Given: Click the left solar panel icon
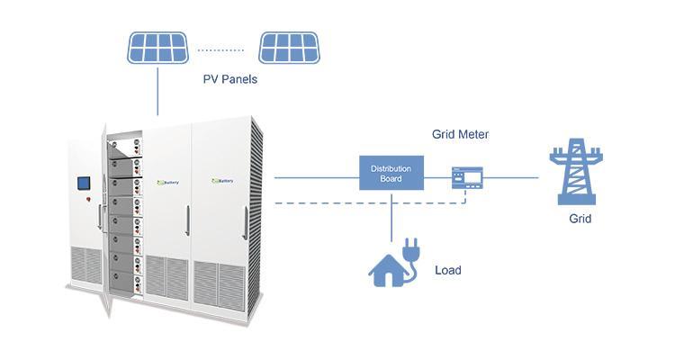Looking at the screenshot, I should [x=157, y=48].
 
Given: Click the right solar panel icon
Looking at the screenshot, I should [x=289, y=48].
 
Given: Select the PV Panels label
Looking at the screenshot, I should [x=229, y=79].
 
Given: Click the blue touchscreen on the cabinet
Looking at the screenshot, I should [x=84, y=184].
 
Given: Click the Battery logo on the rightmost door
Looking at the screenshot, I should [x=221, y=181].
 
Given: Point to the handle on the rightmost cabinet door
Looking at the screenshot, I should [x=242, y=220].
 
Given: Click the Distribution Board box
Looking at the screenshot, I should [x=391, y=173].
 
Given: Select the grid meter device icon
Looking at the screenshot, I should [x=466, y=177].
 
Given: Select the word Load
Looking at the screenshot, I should [x=448, y=269].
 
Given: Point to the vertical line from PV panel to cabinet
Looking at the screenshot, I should [x=158, y=90].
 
